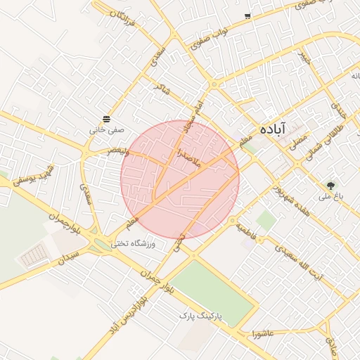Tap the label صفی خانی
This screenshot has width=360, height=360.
click(x=106, y=130)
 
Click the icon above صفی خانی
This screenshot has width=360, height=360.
click(x=105, y=119)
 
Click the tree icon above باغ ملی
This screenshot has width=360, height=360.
click(x=330, y=186)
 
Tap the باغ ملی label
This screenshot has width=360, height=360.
click(x=330, y=197)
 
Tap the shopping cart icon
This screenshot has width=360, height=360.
click(x=247, y=15)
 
